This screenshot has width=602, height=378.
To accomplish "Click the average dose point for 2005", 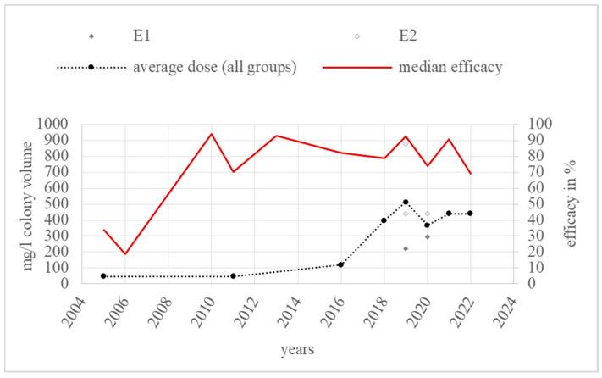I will pos(103,275).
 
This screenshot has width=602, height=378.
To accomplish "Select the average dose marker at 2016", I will pos(340,264).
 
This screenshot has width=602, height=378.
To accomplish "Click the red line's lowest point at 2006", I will pos(125,253).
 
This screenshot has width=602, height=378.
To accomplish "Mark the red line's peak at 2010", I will pos(211,133).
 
